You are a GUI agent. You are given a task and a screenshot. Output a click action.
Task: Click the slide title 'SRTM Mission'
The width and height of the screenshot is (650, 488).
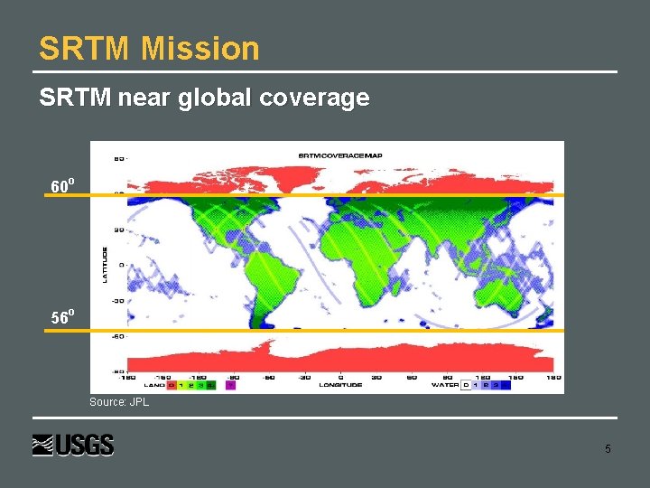tap(149, 48)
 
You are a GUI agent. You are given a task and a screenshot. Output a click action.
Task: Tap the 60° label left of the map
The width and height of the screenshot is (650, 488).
tap(62, 186)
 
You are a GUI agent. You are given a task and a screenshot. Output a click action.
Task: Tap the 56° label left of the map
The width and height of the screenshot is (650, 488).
tap(62, 317)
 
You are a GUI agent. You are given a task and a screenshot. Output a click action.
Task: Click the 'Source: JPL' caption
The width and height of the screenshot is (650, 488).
tap(119, 402)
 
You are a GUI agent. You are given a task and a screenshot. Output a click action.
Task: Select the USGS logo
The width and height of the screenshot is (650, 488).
tap(73, 445)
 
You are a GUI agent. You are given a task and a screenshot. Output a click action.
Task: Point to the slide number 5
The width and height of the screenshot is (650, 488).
tap(608, 449)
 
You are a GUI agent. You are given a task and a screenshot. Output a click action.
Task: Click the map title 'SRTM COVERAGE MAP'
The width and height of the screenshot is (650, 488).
tap(340, 155)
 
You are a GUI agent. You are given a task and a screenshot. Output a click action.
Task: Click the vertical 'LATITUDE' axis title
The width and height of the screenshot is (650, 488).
tap(105, 264)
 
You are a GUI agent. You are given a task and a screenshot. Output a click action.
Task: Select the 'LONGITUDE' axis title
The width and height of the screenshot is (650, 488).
tap(340, 385)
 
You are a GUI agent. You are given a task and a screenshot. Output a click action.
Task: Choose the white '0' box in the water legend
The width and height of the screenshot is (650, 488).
tap(466, 385)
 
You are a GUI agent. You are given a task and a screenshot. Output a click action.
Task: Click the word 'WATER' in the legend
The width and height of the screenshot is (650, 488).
tap(446, 385)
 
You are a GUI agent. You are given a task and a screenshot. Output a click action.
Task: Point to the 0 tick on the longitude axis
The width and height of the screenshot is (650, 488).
tap(340, 377)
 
